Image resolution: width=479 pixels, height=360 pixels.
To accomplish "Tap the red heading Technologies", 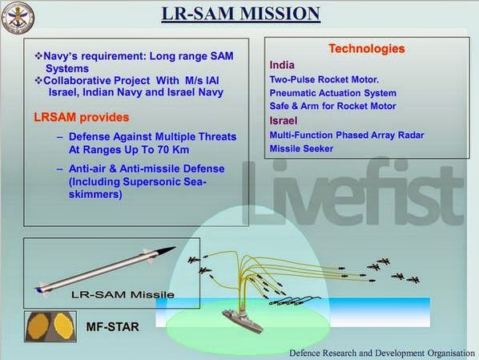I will [x=366, y=49].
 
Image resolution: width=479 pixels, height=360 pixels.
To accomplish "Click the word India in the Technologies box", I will [x=282, y=64].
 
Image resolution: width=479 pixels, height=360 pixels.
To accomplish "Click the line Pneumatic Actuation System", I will [x=332, y=93].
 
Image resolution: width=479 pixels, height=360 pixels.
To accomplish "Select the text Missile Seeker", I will [x=301, y=149].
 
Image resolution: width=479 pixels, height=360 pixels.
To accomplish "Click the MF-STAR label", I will [x=112, y=328].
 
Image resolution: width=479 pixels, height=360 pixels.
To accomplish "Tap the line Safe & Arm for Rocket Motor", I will [x=332, y=107].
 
